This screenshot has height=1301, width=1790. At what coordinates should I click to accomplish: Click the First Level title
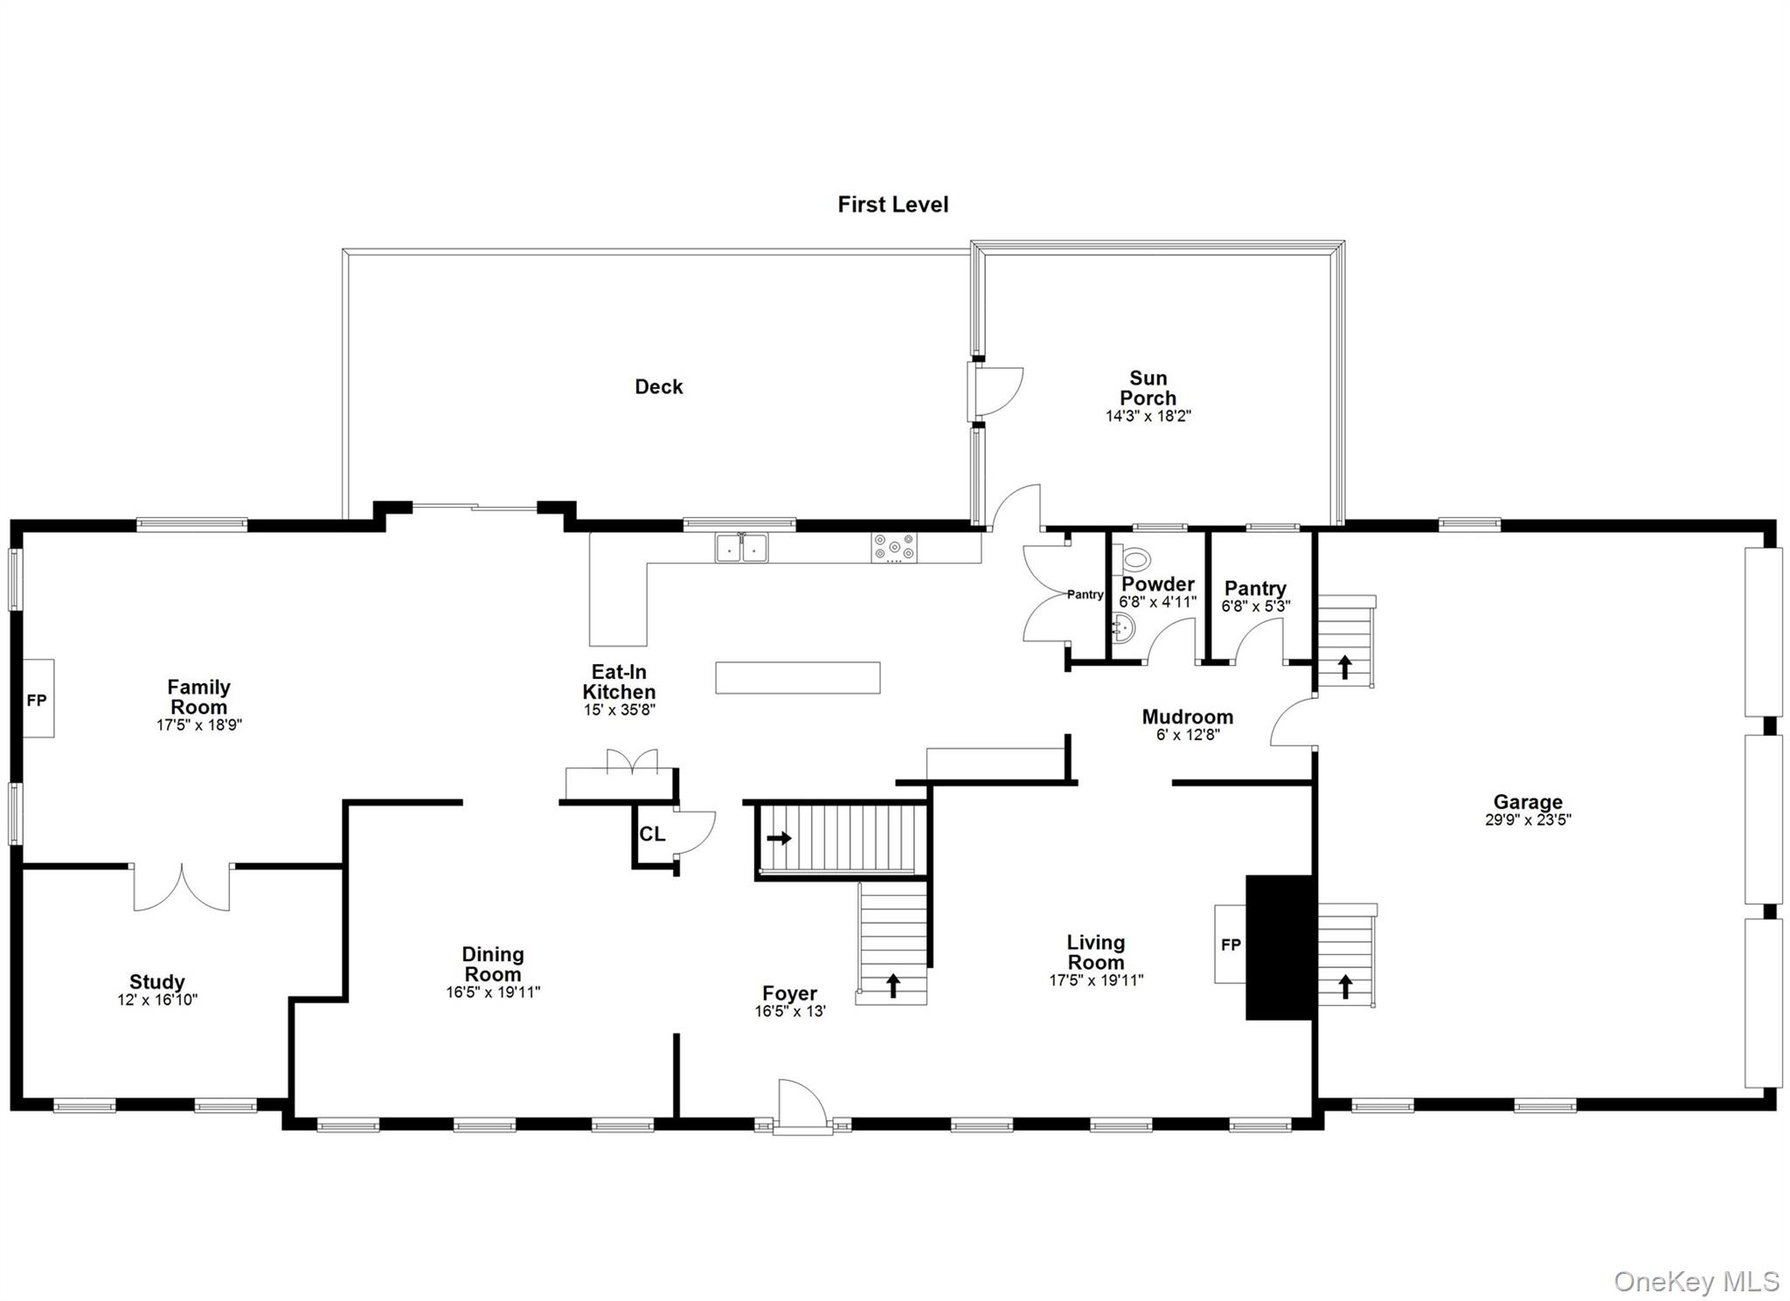(x=892, y=204)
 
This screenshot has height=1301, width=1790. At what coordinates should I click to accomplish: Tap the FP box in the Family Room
(x=38, y=699)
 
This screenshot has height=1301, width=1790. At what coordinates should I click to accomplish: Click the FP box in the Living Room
(x=1230, y=945)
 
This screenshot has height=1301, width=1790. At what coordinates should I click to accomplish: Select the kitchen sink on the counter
(x=741, y=548)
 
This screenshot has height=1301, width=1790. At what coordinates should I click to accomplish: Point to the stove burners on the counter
(x=893, y=547)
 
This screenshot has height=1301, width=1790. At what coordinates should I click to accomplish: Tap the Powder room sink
(x=1124, y=626)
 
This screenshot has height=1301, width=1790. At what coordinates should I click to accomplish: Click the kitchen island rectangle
(x=797, y=678)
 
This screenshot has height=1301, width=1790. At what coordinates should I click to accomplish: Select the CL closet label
(x=652, y=834)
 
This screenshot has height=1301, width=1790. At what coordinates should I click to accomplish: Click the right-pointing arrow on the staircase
(x=779, y=839)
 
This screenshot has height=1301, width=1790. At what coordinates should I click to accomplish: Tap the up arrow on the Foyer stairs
(x=892, y=986)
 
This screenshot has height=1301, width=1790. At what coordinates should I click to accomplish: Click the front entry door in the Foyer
(x=801, y=1105)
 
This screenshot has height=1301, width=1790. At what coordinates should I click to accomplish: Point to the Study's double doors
(x=182, y=888)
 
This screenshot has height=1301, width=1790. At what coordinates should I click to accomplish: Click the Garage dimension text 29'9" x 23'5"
(x=1527, y=820)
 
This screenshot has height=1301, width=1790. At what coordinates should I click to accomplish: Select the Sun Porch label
(x=1148, y=388)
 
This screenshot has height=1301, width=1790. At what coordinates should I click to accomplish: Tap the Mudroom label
(x=1187, y=716)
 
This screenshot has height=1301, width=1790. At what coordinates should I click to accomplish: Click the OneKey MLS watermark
(x=1696, y=1282)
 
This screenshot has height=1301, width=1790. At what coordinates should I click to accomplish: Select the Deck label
(x=658, y=387)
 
